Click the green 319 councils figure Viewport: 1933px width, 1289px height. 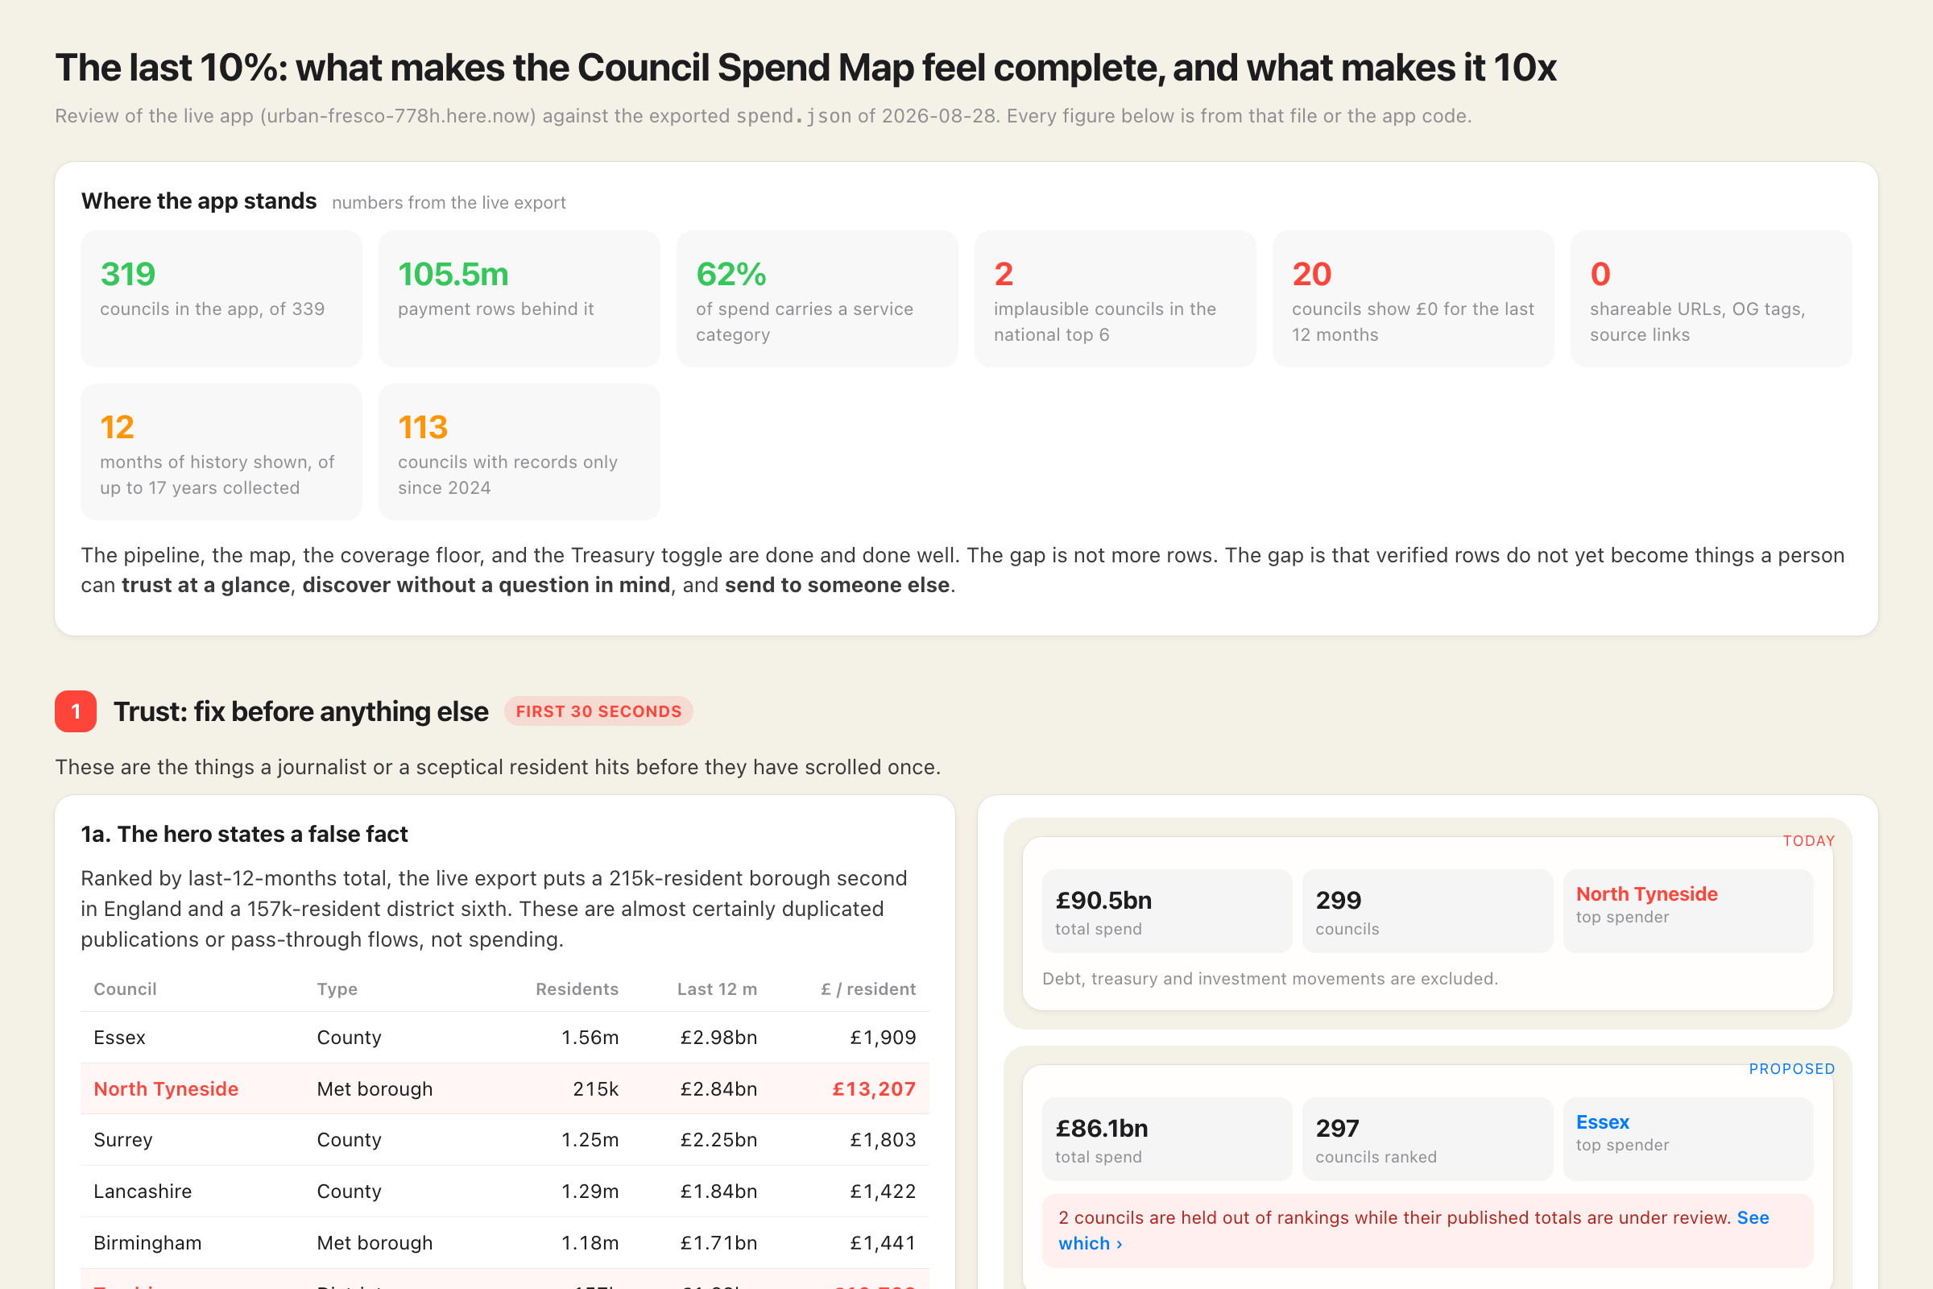127,274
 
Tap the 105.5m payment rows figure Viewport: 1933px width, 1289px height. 453,274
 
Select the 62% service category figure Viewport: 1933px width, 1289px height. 731,274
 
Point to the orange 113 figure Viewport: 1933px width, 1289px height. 422,427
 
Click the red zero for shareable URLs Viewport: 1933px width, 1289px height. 1600,274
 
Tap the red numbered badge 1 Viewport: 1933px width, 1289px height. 76,711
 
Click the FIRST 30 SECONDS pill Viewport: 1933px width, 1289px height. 598,711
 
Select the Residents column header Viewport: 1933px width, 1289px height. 577,989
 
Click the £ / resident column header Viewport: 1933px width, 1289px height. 868,989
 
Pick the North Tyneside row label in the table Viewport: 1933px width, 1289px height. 166,1088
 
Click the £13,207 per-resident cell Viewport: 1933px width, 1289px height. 874,1088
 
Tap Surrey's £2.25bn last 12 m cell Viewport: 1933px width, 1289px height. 718,1139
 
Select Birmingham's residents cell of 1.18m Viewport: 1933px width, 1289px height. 590,1242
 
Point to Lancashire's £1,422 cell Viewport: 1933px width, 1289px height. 883,1192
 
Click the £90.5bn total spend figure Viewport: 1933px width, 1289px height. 1103,900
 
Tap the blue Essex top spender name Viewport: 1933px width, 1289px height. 1602,1122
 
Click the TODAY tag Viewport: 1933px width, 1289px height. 1808,841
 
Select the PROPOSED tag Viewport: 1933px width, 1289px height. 1791,1069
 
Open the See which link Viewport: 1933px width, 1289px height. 1413,1231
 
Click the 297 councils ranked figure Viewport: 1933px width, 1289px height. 1337,1128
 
